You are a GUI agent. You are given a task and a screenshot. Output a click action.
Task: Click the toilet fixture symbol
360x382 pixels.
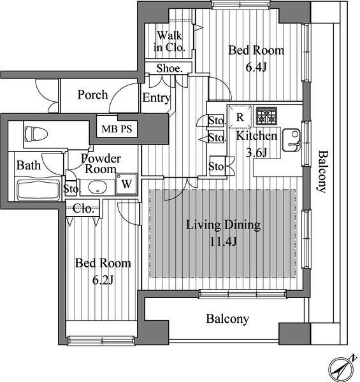pos(36,134)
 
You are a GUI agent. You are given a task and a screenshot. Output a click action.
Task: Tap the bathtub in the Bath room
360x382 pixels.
pos(38,190)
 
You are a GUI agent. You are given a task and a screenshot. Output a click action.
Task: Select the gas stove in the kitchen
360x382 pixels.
pos(266,116)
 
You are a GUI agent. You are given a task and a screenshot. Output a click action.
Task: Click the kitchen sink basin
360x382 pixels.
pos(291,141)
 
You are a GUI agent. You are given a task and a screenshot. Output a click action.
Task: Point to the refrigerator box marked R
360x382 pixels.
pos(240,117)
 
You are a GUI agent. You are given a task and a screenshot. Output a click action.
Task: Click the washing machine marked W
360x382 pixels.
pos(127,184)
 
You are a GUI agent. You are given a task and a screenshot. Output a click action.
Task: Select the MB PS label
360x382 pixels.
pos(117,129)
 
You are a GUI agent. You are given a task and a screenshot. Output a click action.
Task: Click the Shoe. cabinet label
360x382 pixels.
pos(169,69)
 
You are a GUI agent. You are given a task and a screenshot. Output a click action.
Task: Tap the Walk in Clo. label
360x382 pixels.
pos(169,41)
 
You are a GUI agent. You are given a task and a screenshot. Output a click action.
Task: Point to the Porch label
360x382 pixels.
pos(92,95)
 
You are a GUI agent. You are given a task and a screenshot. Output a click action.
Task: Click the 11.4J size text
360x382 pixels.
pos(223,242)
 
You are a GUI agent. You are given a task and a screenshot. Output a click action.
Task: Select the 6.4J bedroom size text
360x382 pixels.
pos(256,67)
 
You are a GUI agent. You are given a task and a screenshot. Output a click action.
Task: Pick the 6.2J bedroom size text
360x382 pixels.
pos(103,280)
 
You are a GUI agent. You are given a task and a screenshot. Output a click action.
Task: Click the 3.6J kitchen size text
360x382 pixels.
pos(257,153)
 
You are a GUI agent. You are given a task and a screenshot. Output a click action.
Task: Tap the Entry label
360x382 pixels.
pos(156,98)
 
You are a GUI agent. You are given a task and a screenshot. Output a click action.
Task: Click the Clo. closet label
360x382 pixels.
pos(83,209)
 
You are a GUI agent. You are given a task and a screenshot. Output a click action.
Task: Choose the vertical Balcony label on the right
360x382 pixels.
pos(322,172)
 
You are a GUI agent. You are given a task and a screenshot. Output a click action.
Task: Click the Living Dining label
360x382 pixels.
pos(223,225)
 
